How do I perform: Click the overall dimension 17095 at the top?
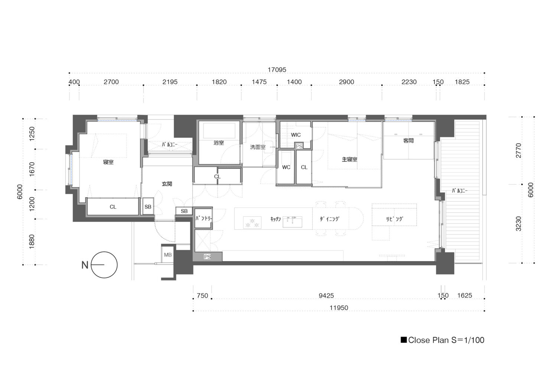(x=277, y=70)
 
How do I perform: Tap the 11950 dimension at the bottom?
(x=339, y=308)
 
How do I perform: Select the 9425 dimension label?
(x=326, y=296)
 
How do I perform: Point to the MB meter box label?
(x=168, y=255)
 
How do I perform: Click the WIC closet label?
(x=296, y=135)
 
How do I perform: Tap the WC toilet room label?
(x=286, y=167)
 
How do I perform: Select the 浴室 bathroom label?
(x=219, y=143)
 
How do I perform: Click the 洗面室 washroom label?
(x=258, y=147)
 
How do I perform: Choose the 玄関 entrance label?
(x=167, y=184)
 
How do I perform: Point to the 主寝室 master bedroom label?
(x=349, y=159)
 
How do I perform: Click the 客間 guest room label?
(x=408, y=141)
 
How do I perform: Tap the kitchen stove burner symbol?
(x=252, y=222)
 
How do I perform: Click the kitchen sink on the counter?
(x=293, y=222)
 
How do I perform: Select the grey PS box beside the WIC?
(x=299, y=146)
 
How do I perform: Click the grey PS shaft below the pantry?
(x=207, y=257)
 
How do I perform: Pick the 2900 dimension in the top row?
(x=346, y=82)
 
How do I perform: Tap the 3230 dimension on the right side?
(x=518, y=224)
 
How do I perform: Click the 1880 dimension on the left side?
(x=32, y=242)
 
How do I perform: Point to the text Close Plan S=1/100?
(x=446, y=340)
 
